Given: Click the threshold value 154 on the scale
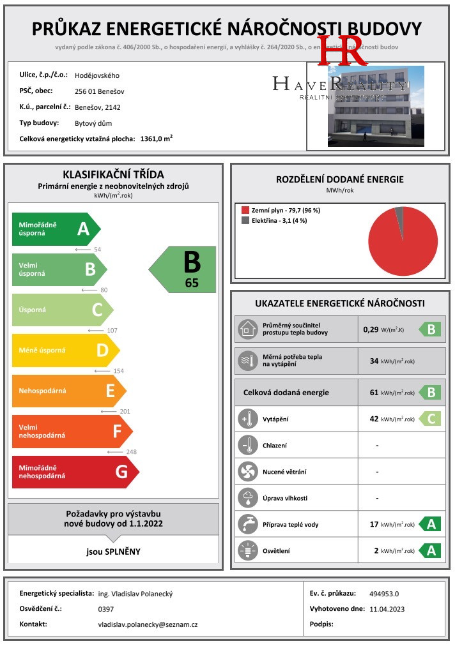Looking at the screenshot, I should [118, 371].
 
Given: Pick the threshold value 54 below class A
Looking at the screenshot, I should [98, 250].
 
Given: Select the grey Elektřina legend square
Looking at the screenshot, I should [245, 221].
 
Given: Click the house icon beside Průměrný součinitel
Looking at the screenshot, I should [247, 329].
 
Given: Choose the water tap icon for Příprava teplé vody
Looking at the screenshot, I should [247, 525].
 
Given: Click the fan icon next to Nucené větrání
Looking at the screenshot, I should [247, 472].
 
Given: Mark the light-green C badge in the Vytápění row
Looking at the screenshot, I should [429, 419].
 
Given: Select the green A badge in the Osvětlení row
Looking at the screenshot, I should [429, 550].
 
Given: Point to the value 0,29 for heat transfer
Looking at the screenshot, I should [371, 329].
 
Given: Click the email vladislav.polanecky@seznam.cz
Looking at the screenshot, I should [148, 624].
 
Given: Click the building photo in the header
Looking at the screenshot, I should [375, 106].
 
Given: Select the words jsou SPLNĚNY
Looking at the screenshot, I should [113, 551].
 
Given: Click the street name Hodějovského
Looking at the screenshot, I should [97, 75].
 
